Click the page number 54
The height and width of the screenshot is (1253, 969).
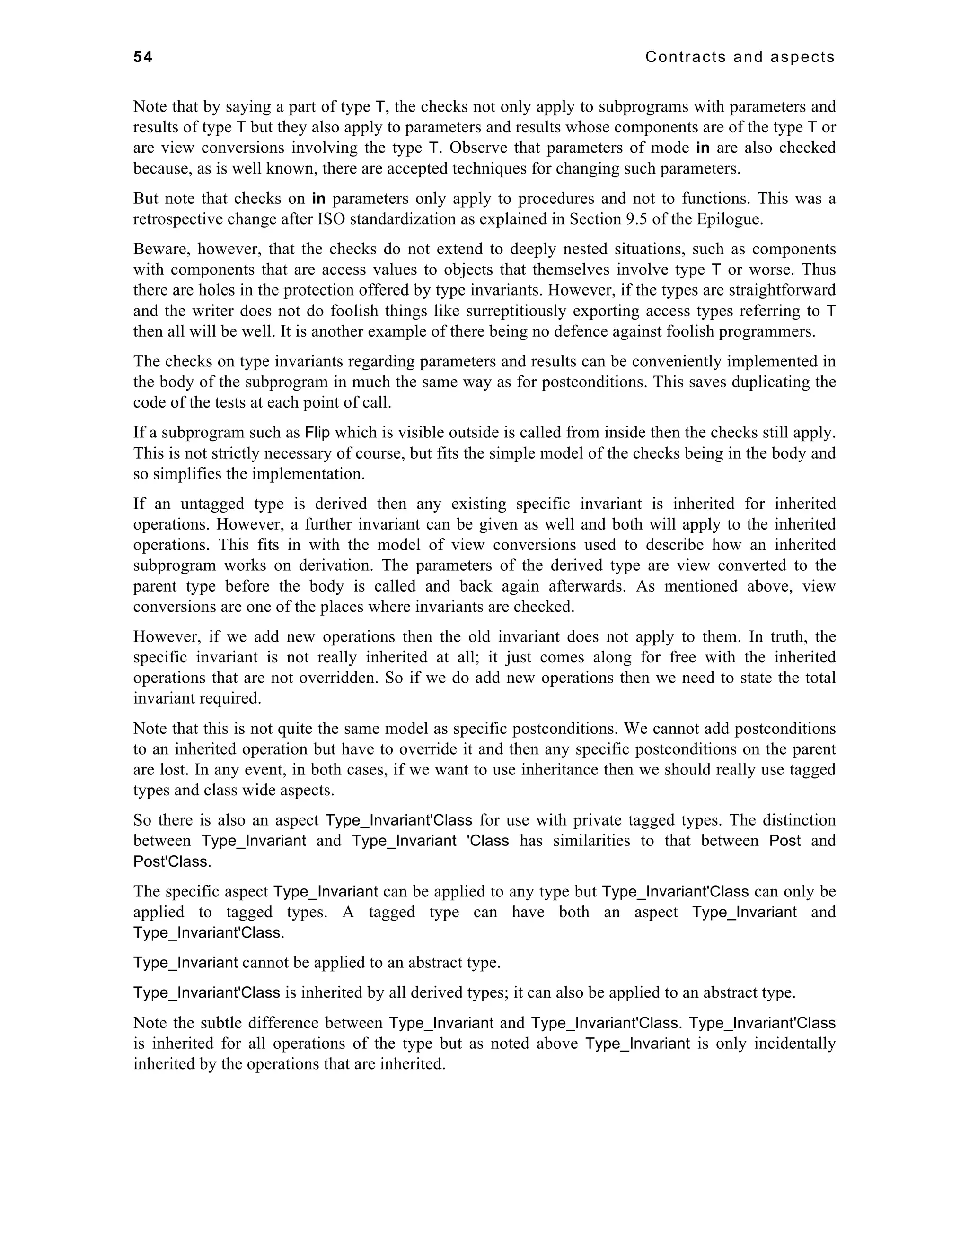pyautogui.click(x=143, y=57)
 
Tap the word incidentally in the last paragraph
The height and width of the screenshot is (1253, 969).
pyautogui.click(x=794, y=1043)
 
